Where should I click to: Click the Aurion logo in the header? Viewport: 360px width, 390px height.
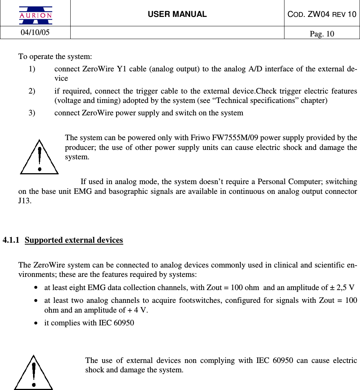[x=36, y=15]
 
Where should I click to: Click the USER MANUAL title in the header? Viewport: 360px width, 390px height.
[x=177, y=14]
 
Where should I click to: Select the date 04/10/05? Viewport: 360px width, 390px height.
[x=35, y=32]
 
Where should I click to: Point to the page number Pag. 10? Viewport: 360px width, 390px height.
[x=322, y=34]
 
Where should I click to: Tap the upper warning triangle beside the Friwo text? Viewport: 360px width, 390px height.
[x=39, y=157]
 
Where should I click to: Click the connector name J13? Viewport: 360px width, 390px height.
[x=24, y=201]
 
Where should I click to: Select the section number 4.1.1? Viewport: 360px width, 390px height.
[x=11, y=240]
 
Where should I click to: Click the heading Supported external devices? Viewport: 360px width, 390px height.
[x=74, y=240]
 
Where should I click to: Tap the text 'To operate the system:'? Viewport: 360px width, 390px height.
[x=55, y=57]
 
